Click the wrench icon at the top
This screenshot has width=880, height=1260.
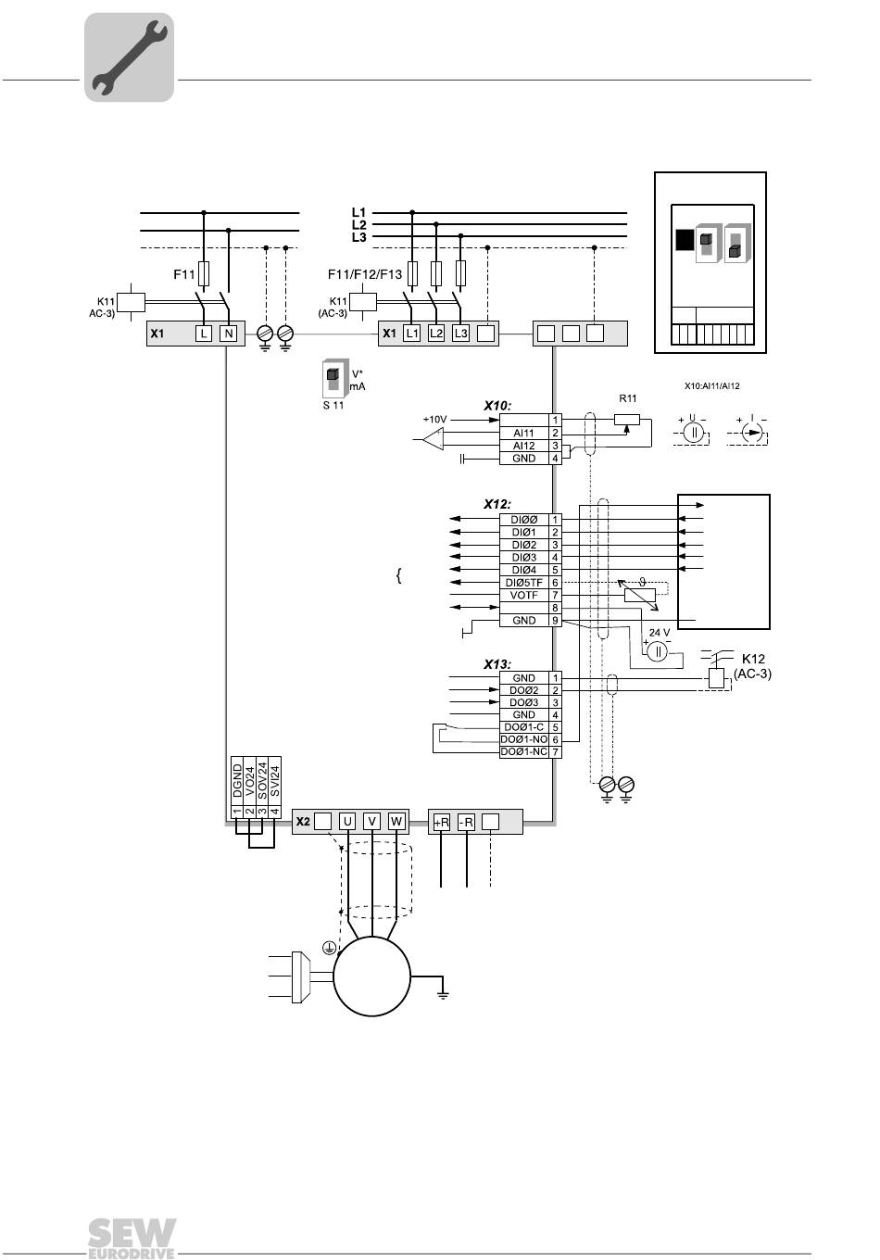click(x=129, y=57)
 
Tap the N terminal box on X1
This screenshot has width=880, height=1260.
click(x=228, y=334)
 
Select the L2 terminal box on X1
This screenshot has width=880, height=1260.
click(x=435, y=334)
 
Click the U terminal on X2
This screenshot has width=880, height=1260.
click(x=347, y=822)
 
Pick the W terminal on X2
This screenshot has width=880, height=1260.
click(x=396, y=822)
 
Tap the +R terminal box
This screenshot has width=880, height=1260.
click(x=442, y=823)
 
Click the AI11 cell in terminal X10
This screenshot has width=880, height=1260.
click(x=523, y=434)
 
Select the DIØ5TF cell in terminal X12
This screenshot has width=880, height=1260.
click(x=523, y=583)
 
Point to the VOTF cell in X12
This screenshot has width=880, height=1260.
click(x=523, y=595)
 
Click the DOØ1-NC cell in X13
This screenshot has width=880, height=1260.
click(x=523, y=752)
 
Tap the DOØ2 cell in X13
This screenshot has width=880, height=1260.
click(x=523, y=690)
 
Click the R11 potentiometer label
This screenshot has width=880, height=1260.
click(x=627, y=398)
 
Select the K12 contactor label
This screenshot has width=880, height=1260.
click(x=753, y=659)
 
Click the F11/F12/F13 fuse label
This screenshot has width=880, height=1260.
click(x=365, y=274)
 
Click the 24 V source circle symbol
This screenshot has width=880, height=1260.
click(x=657, y=652)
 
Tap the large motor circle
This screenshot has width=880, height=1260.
click(x=371, y=976)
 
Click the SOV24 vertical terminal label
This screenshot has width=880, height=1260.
click(x=262, y=780)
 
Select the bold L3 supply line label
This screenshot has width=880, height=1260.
click(x=358, y=237)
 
